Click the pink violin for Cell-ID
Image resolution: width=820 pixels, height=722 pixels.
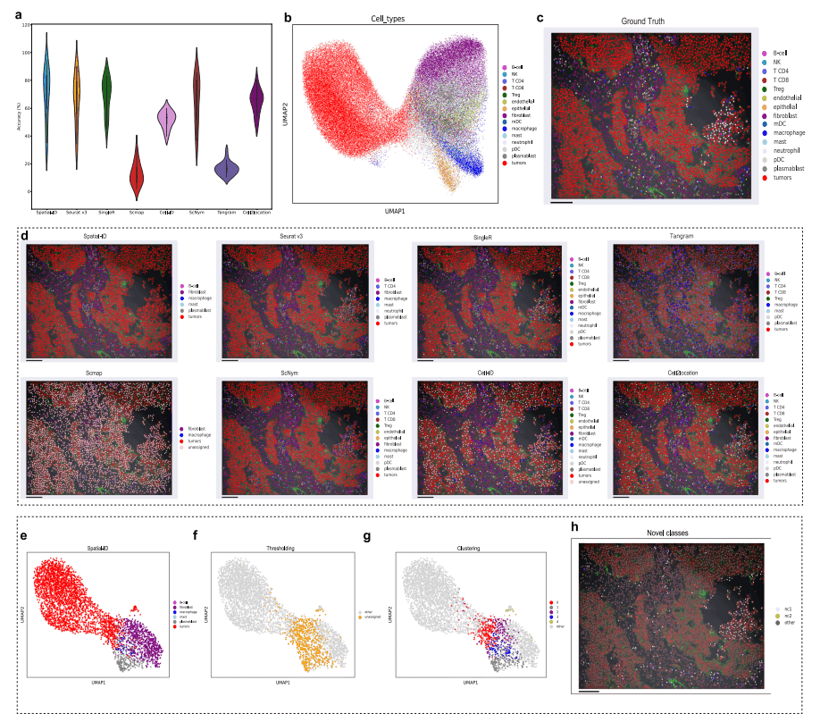pyautogui.click(x=165, y=118)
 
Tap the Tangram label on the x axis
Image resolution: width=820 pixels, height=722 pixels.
pyautogui.click(x=226, y=212)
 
